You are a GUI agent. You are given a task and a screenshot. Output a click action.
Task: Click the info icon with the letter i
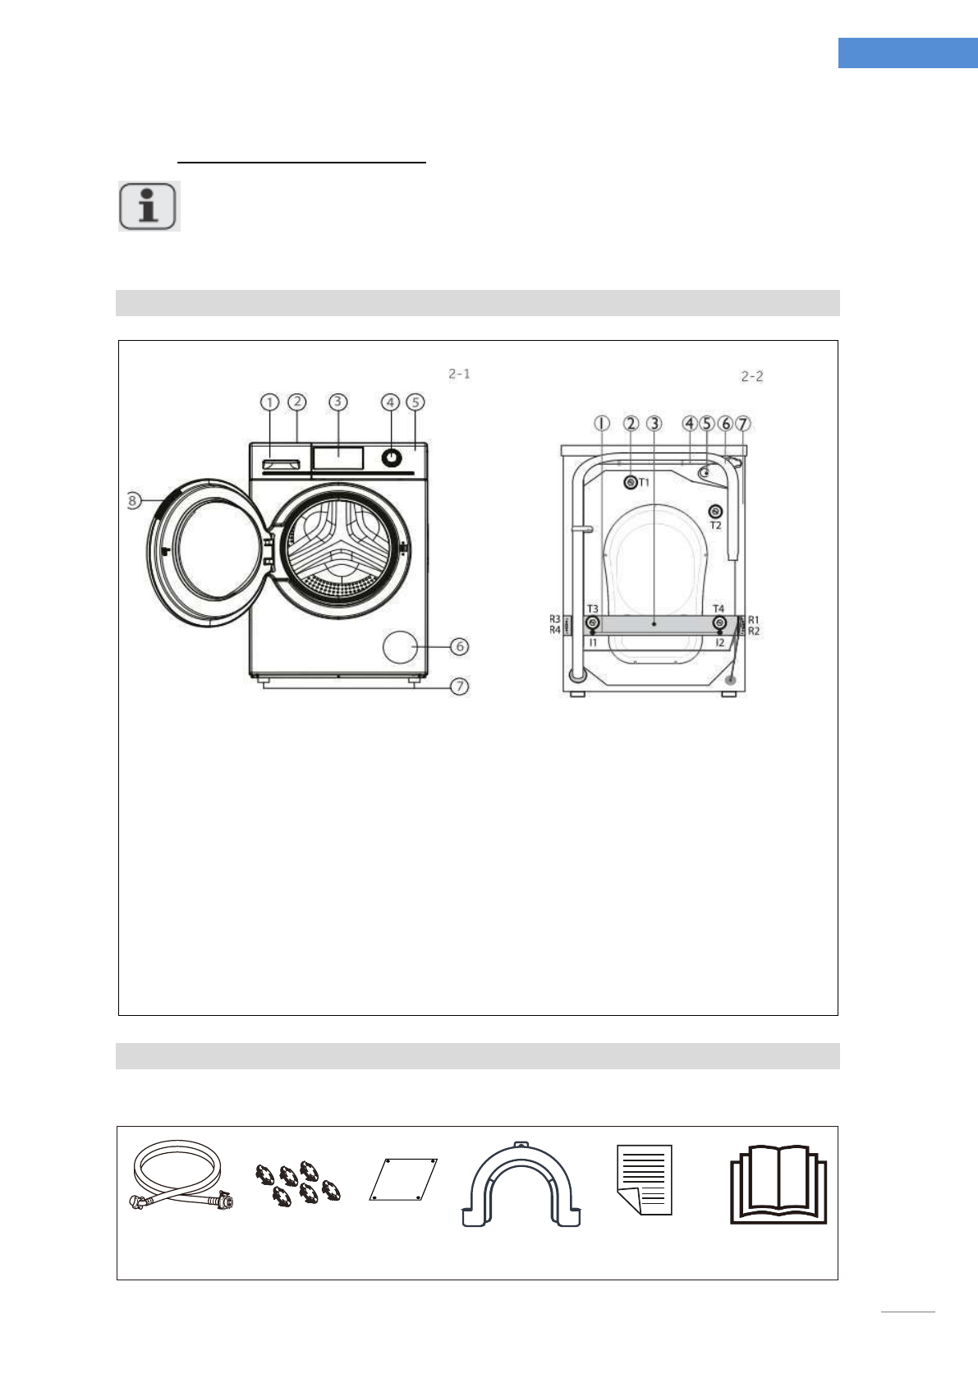149,206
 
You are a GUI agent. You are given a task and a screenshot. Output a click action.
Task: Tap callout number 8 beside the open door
133,500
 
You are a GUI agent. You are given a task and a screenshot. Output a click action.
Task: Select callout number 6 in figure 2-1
459,647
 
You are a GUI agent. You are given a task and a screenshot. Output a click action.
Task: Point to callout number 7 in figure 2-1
459,687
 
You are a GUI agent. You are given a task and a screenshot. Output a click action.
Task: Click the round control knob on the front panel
391,457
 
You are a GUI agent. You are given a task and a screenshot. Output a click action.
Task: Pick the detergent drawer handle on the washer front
280,464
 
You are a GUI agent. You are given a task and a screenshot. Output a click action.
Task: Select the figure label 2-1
459,374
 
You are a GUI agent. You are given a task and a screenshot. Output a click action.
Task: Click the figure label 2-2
752,376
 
